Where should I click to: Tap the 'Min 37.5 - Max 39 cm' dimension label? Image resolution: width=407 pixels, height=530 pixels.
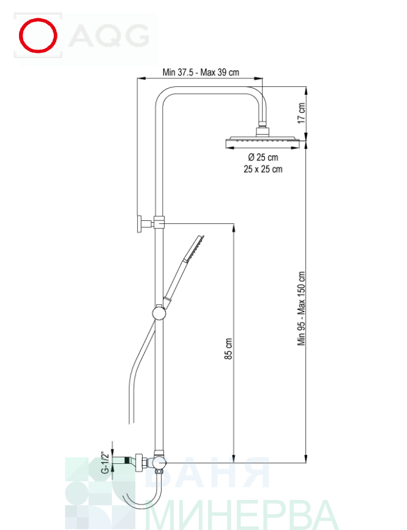point(201,72)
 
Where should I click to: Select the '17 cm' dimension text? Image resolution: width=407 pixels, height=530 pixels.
point(301,113)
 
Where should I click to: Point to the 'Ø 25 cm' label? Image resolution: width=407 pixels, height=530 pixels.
point(263,157)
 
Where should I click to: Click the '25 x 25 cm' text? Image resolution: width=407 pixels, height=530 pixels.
point(263,169)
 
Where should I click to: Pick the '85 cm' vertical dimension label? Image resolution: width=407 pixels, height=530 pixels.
point(228,348)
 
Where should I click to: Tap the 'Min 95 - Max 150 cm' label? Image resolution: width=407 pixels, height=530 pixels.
point(301,308)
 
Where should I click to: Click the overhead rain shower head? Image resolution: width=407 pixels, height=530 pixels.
point(263,143)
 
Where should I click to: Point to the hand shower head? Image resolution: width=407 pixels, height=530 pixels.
point(194,248)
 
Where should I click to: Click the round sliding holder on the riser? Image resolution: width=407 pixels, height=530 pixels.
point(159,312)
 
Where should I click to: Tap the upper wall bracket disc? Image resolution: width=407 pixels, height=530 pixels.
point(140,223)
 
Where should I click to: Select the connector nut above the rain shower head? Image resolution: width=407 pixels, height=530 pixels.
point(263,131)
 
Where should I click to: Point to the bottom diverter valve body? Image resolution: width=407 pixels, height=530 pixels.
point(159,463)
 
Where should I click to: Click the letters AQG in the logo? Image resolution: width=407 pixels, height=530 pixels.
point(109,35)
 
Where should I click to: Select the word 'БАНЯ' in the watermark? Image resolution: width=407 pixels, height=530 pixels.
point(207,472)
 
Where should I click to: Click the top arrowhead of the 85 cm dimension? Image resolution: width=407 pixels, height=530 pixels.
point(234,227)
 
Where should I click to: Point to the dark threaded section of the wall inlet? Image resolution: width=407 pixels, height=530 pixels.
point(127,460)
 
